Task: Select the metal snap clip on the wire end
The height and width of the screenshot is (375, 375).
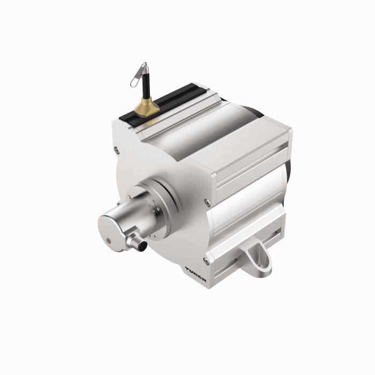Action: pyautogui.click(x=138, y=74)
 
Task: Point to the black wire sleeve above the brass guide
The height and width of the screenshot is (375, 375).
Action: pyautogui.click(x=145, y=85)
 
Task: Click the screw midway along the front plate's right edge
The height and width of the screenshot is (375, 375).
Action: pyautogui.click(x=207, y=202)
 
